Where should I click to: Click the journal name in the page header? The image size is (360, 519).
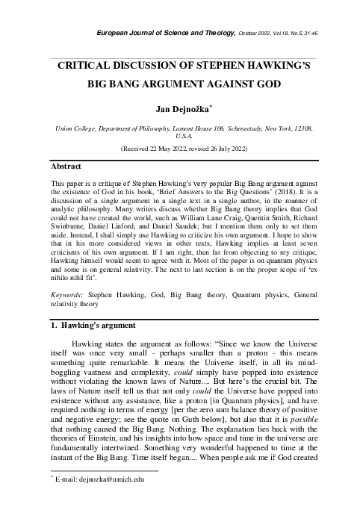pos(161,34)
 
